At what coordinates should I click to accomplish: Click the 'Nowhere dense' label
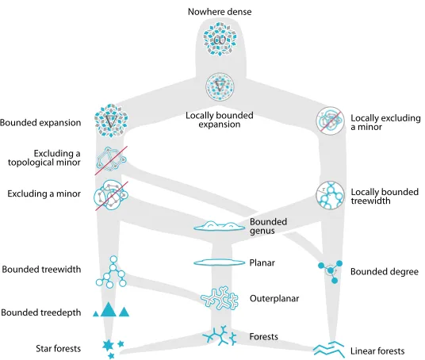[x=220, y=12]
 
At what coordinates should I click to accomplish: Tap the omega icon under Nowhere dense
[x=220, y=40]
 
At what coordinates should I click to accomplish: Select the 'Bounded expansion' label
[x=40, y=123]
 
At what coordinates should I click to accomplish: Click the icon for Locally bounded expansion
[x=220, y=86]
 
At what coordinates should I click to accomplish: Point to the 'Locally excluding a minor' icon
[x=330, y=121]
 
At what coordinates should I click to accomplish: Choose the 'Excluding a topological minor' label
[x=44, y=158]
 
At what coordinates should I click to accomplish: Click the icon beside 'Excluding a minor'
[x=111, y=195]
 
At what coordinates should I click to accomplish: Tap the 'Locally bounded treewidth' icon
[x=330, y=195]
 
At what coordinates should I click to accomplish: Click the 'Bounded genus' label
[x=268, y=226]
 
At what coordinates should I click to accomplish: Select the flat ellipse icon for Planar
[x=220, y=262]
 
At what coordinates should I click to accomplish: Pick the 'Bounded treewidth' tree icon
[x=111, y=271]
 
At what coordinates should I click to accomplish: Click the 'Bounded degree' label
[x=385, y=272]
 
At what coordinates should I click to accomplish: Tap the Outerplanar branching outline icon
[x=220, y=297]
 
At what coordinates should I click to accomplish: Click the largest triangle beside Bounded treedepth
[x=109, y=309]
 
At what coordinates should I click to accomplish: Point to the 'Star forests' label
[x=58, y=348]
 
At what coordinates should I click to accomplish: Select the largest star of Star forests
[x=108, y=346]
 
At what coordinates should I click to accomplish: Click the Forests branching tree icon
[x=220, y=336]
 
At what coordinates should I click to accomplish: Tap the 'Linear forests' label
[x=377, y=351]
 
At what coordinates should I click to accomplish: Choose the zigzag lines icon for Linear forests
[x=329, y=349]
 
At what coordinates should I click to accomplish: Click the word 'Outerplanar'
[x=274, y=298]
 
